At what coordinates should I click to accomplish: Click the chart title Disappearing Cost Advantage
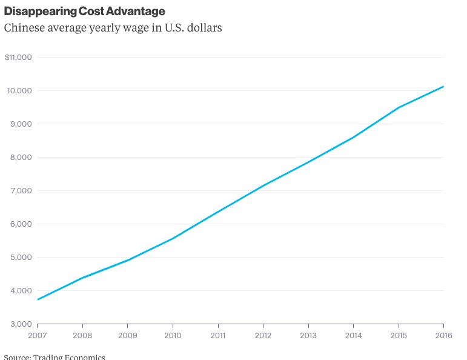85,12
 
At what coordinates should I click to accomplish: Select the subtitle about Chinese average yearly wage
113,28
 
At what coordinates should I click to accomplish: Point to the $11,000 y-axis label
18,57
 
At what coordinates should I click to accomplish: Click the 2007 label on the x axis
38,335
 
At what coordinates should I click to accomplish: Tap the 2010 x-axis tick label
173,335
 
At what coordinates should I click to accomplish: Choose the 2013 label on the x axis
308,335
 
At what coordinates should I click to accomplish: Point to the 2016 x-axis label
443,335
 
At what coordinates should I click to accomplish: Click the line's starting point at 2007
38,299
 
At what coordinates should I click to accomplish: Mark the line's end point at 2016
444,87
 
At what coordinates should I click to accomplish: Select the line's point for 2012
263,185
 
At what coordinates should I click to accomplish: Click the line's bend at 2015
399,107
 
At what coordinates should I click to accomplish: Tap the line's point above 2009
128,260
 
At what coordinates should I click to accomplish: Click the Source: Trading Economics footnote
55,357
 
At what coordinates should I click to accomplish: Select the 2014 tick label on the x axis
353,335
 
